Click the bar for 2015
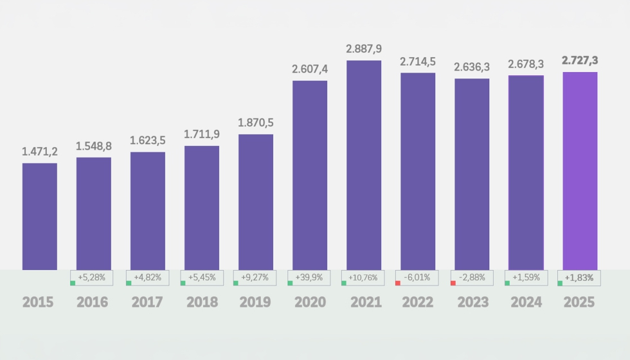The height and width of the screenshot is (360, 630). pos(40,216)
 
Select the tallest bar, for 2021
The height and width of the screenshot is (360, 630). pos(364,165)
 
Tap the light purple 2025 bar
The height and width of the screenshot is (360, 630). pos(580,170)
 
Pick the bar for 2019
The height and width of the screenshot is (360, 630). pos(256,202)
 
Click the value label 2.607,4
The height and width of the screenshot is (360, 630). pos(310,69)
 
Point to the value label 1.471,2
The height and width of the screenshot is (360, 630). pos(40,152)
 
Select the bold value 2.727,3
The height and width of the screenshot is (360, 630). pos(580,60)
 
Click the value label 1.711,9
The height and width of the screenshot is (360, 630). pos(202,134)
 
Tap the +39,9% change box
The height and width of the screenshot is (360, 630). pos(310,278)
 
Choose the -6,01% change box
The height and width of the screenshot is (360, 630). pos(418,278)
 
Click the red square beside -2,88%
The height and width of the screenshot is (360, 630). pos(453,283)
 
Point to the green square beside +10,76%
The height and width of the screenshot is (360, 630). pos(344,283)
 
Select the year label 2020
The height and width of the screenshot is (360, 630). pos(310,302)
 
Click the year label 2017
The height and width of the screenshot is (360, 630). pos(148,302)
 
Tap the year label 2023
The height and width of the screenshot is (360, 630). pos(472,302)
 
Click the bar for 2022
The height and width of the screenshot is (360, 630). pos(418,171)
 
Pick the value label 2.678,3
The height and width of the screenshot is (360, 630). pos(526,64)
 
